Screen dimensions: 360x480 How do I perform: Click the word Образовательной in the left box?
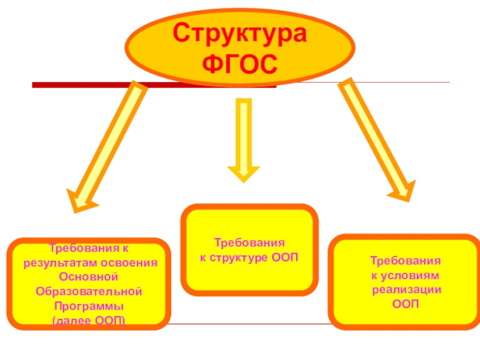click(89, 291)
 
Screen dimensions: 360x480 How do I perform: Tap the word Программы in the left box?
click(89, 305)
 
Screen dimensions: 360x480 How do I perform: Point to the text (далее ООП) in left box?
click(89, 320)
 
